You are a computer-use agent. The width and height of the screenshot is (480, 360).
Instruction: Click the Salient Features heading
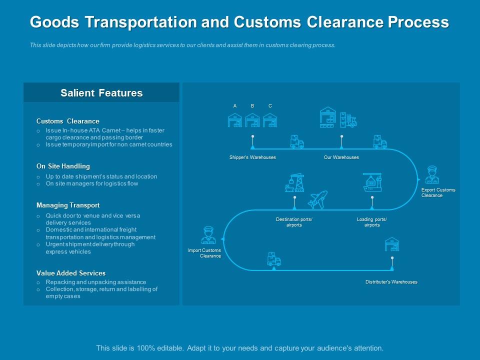[101, 93]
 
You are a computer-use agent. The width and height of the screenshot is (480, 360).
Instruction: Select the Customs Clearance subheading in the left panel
[68, 121]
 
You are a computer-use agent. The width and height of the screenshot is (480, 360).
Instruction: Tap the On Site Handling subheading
[63, 166]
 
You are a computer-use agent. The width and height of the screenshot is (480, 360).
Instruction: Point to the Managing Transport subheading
[68, 205]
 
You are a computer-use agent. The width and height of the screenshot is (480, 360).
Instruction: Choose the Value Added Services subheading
[71, 273]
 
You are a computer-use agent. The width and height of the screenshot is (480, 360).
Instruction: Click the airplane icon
[317, 199]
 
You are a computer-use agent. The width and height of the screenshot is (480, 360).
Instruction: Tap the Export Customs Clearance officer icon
[431, 175]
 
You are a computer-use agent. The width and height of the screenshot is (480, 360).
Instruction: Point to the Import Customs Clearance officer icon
[207, 235]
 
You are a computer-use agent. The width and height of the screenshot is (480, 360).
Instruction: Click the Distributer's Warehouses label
[391, 282]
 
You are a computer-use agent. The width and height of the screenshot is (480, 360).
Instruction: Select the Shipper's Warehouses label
[252, 157]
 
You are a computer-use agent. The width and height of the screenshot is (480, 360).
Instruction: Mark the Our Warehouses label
[341, 157]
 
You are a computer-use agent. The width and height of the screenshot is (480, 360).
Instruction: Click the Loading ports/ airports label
[372, 222]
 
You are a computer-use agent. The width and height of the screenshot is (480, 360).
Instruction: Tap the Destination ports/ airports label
[294, 222]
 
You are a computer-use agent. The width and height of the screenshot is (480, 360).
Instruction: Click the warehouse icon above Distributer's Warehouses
[392, 244]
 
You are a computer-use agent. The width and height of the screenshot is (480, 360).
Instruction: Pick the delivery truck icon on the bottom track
[274, 259]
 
